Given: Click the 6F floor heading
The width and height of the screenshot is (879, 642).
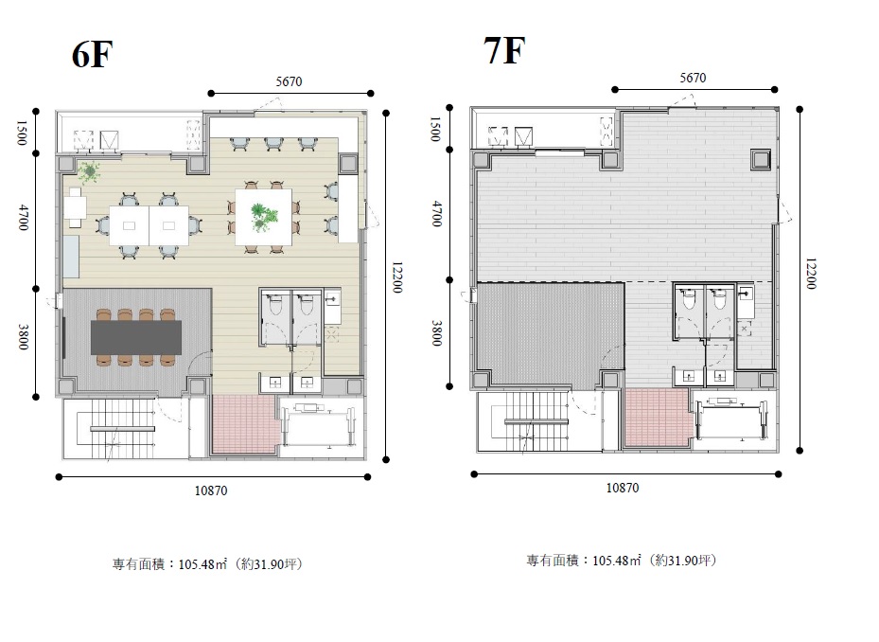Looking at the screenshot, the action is (x=93, y=55).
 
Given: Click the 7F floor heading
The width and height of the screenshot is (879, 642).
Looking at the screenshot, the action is (x=504, y=50).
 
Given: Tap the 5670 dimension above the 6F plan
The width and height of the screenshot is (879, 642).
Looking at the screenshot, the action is (x=289, y=82).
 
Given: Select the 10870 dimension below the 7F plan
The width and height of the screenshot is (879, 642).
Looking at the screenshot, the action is (x=623, y=488).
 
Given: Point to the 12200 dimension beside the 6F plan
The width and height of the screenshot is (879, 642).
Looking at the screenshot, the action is (x=396, y=277).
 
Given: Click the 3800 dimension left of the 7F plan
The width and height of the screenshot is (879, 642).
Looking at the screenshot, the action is (x=437, y=333).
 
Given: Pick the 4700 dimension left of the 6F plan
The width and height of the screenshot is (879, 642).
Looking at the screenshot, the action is (x=23, y=217).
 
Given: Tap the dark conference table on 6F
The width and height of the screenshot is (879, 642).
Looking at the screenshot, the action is (x=136, y=337).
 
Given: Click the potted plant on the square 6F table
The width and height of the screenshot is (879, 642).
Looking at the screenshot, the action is (x=263, y=216).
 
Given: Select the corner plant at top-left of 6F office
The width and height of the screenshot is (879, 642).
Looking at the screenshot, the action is (x=88, y=171).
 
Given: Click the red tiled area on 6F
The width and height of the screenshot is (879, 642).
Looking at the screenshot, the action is (x=245, y=424).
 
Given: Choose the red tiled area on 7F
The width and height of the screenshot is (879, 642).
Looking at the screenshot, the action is (x=657, y=419).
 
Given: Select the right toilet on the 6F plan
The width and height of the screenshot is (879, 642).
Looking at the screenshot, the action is (x=306, y=304).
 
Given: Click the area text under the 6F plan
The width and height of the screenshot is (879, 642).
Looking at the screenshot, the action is (x=208, y=564).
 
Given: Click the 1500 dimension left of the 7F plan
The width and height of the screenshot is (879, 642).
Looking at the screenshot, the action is (x=435, y=129).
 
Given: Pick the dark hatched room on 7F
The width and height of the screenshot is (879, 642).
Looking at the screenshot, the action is (x=551, y=334).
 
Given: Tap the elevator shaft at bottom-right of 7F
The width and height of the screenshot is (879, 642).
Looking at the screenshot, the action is (x=731, y=419).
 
